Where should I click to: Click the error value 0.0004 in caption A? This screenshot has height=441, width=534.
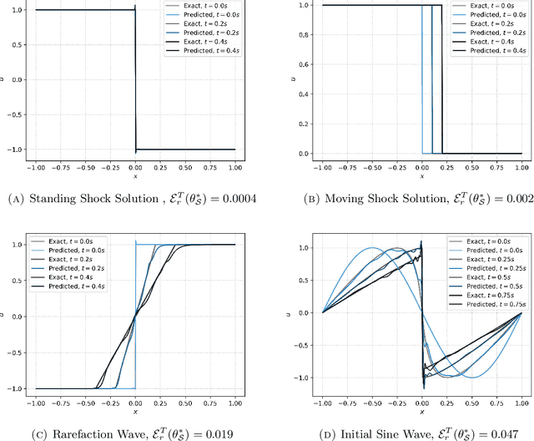[x=235, y=199]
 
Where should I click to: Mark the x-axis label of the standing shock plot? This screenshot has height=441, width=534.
[x=135, y=175]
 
